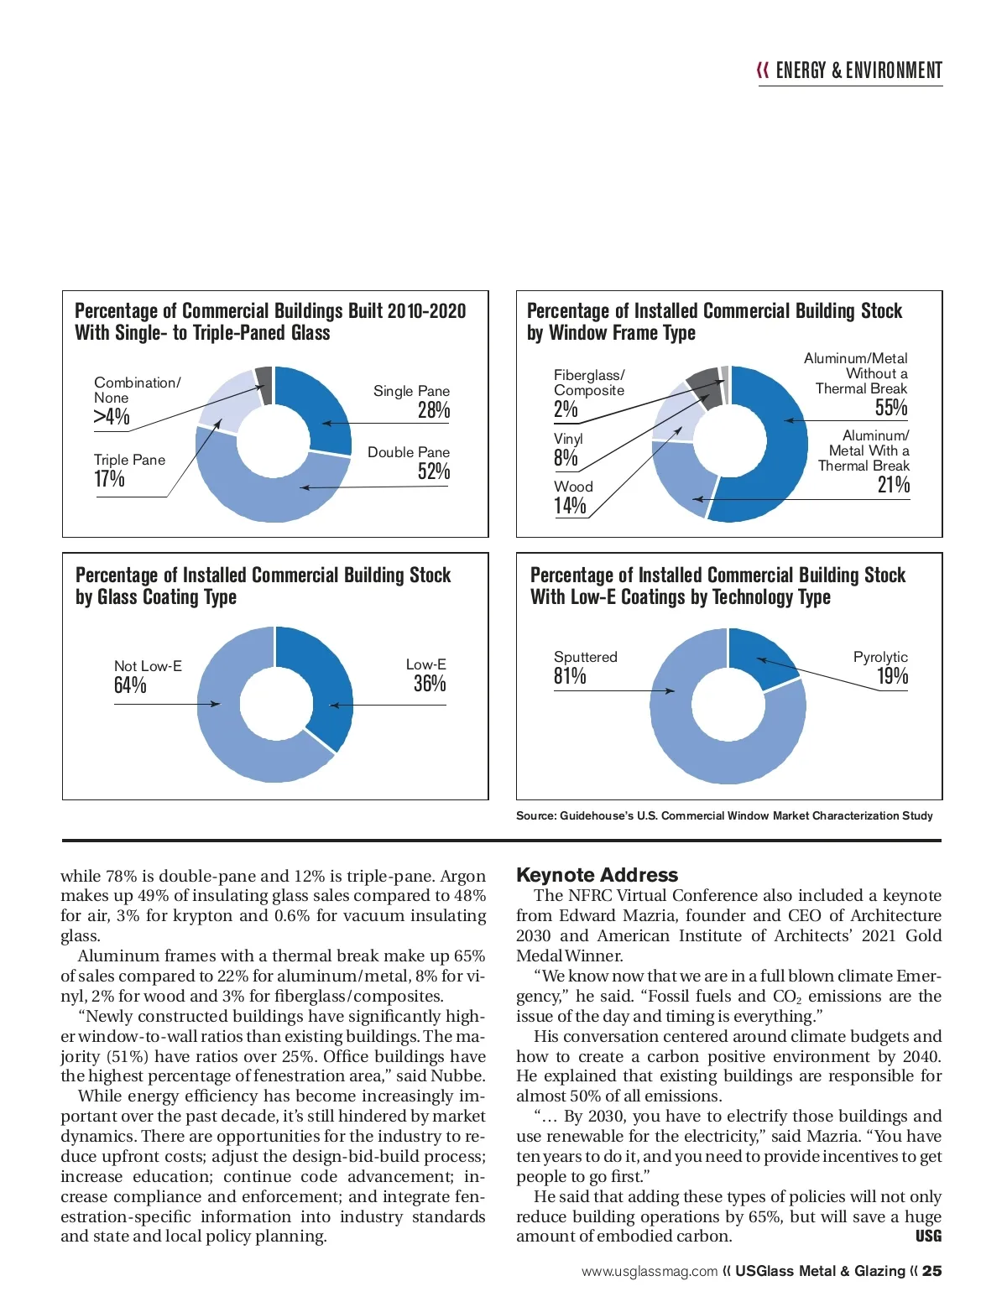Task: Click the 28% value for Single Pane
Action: point(434,410)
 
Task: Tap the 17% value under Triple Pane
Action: point(109,479)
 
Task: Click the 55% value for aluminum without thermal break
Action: point(891,408)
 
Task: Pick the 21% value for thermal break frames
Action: point(894,485)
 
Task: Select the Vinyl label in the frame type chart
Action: point(568,439)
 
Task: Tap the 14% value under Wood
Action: point(570,506)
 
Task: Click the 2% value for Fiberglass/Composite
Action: point(566,409)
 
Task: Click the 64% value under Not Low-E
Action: point(130,685)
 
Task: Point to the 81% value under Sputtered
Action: point(570,676)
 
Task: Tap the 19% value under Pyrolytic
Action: point(893,676)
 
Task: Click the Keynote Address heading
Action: point(597,875)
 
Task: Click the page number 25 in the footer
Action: point(931,1271)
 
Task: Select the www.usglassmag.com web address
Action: point(650,1272)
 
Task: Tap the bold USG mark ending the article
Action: point(928,1237)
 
